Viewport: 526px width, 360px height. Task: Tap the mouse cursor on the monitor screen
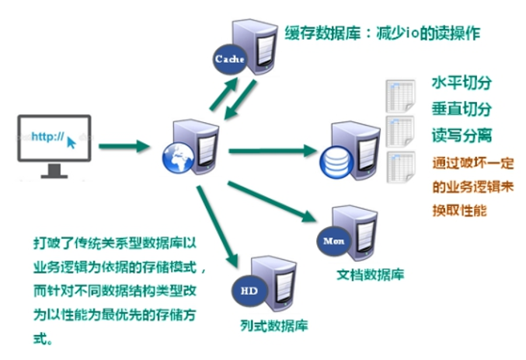(71, 142)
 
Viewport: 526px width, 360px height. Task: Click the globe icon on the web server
(176, 157)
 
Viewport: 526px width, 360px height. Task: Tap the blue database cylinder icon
(335, 160)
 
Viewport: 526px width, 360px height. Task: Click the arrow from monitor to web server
(124, 145)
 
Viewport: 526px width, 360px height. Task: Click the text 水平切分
(462, 83)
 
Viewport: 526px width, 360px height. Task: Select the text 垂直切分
(462, 110)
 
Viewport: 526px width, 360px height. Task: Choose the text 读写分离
(462, 136)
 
